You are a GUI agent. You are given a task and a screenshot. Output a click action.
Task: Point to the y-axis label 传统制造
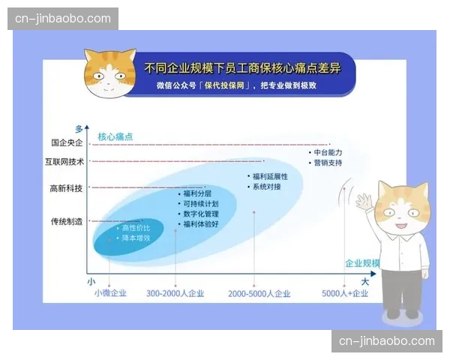click(x=66, y=221)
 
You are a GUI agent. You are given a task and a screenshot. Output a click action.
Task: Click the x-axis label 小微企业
click(x=110, y=293)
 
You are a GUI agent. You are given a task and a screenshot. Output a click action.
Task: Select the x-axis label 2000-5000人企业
click(x=259, y=293)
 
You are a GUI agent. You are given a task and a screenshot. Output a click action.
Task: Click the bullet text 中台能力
click(x=328, y=152)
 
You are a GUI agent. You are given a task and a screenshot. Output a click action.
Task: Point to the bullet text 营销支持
click(x=328, y=163)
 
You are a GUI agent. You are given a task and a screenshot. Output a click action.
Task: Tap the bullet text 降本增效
click(x=136, y=238)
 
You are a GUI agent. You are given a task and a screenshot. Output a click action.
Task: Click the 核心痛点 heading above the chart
click(x=115, y=136)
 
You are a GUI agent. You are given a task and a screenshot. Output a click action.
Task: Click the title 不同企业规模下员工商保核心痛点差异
click(x=242, y=68)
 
